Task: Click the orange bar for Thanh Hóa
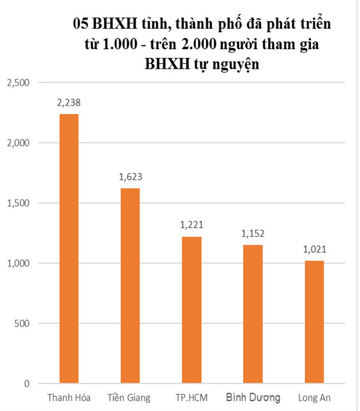pyautogui.click(x=69, y=248)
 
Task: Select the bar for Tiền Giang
pyautogui.click(x=130, y=285)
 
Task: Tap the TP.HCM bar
pyautogui.click(x=191, y=310)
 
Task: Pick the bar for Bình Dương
pyautogui.click(x=253, y=314)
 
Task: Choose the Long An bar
pyautogui.click(x=314, y=322)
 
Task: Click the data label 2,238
pyautogui.click(x=69, y=103)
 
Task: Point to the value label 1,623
pyautogui.click(x=130, y=177)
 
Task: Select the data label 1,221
pyautogui.click(x=191, y=225)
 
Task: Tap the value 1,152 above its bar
pyautogui.click(x=253, y=234)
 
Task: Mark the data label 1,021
pyautogui.click(x=314, y=250)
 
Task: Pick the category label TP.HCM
pyautogui.click(x=191, y=397)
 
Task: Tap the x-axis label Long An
pyautogui.click(x=314, y=397)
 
